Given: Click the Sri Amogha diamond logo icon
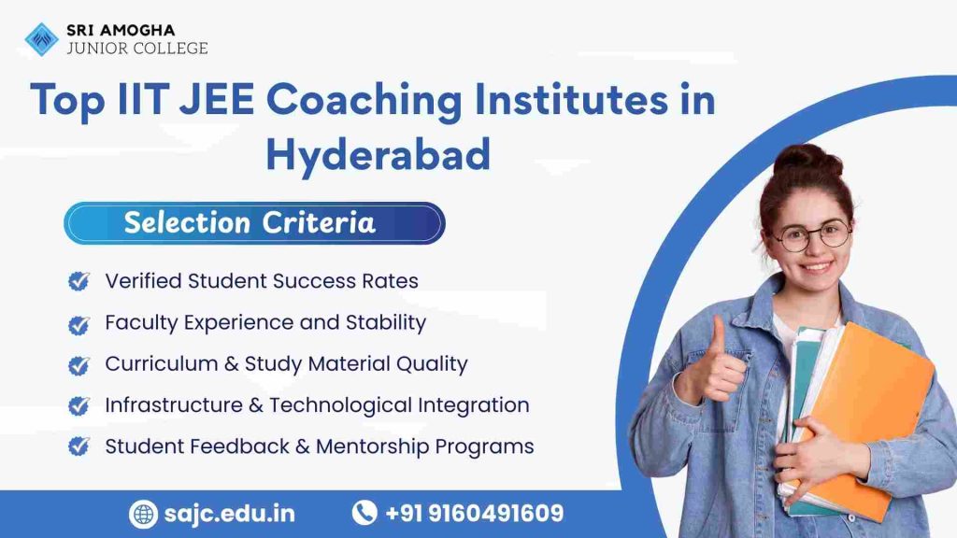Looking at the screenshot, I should tap(41, 39).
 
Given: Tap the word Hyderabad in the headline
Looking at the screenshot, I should tap(378, 153).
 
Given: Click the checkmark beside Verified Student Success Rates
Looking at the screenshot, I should tap(79, 281).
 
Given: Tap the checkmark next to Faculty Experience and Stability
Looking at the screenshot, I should tap(79, 323).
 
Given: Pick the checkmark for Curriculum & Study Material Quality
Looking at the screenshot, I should tap(79, 364).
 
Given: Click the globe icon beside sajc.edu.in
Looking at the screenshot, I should tap(143, 514).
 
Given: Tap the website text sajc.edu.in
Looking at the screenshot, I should tap(228, 514).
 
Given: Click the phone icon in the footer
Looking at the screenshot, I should tap(364, 513).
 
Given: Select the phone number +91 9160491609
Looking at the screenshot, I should tap(474, 514).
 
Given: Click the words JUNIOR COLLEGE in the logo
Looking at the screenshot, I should tap(136, 48).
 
